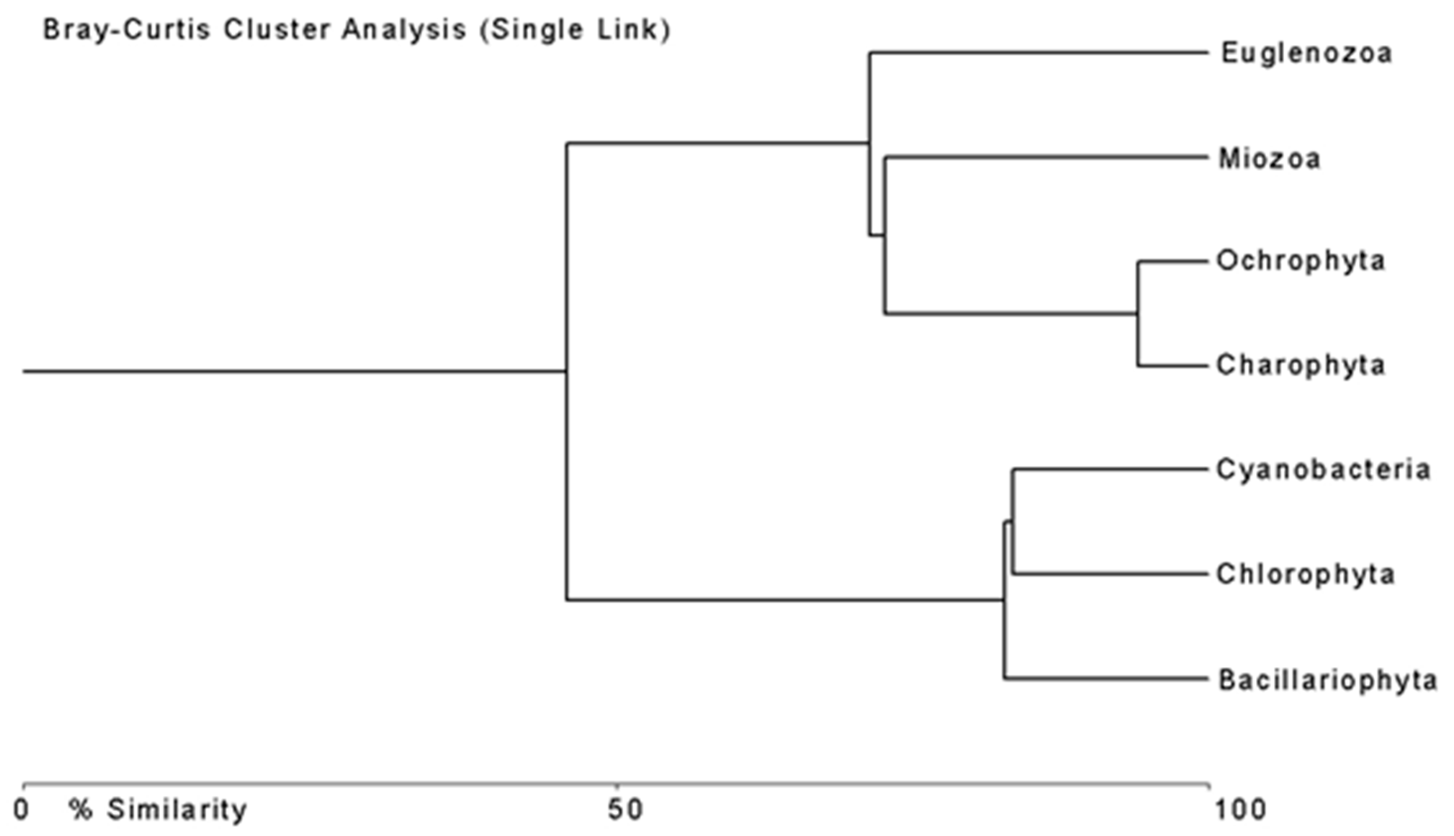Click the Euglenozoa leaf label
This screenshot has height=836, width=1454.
click(1306, 53)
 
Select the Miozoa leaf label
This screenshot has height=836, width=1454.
click(1269, 159)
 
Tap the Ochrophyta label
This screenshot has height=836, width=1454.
click(1300, 261)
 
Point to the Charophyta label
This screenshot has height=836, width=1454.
click(1300, 365)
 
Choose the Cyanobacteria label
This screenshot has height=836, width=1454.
click(1322, 470)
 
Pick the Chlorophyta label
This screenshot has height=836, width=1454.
click(1305, 574)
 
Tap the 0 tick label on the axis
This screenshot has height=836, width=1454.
click(21, 810)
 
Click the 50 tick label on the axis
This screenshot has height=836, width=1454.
click(625, 810)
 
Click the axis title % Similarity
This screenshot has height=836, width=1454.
click(158, 810)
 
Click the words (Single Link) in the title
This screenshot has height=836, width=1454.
click(575, 30)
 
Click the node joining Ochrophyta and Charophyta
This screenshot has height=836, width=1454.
click(1138, 313)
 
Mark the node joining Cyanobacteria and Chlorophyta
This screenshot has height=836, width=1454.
click(1013, 522)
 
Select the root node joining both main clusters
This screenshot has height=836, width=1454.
click(567, 371)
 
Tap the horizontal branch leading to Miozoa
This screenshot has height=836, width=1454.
click(1045, 157)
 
